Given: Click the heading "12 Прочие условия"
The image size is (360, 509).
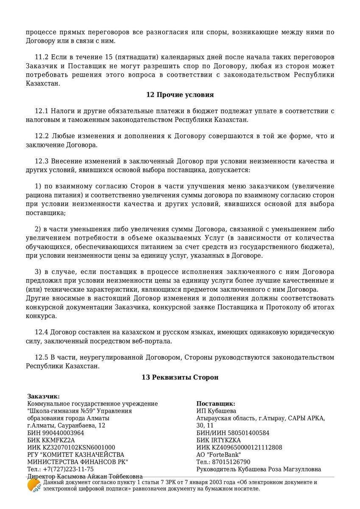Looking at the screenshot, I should tap(180, 95).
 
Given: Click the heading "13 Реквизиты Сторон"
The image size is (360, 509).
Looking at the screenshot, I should tap(180, 377).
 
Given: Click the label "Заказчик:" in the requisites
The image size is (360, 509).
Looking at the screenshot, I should tap(44, 396).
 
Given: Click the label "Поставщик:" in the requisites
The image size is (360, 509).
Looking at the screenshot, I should tap(216, 404).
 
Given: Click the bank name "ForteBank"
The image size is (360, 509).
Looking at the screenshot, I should tap(224, 455).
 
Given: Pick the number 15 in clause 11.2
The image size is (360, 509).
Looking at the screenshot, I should tap(104, 57).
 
